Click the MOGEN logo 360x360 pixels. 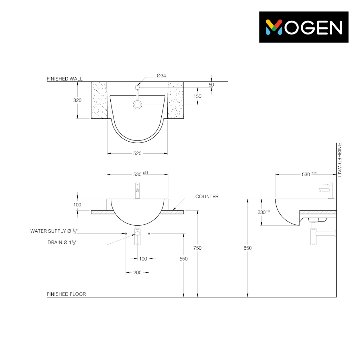click(x=304, y=27)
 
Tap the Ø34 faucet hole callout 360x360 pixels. click(x=161, y=76)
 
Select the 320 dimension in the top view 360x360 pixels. click(x=77, y=100)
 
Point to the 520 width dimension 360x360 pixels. click(x=137, y=153)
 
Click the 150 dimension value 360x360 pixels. click(x=197, y=96)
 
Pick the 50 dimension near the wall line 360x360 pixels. click(x=211, y=85)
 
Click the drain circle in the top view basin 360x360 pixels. click(x=137, y=105)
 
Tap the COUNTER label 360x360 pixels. click(x=207, y=197)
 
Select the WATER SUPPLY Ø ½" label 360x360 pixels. click(x=54, y=231)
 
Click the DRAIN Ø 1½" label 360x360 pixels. click(x=62, y=243)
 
